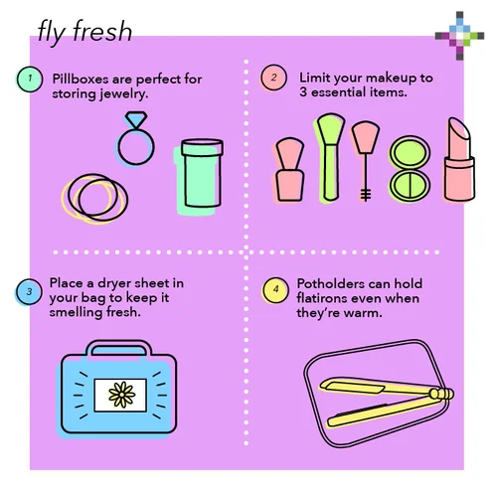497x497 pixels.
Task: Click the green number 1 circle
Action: pos(30,79)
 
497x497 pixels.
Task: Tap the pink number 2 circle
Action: pos(273,78)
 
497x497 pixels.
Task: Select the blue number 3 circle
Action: pos(29,291)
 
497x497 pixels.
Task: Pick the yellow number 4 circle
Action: pos(275,290)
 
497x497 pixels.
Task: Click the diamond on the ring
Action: pos(136,119)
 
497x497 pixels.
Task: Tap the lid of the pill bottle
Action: pos(202,147)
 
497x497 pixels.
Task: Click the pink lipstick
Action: pos(459,160)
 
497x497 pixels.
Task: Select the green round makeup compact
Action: pos(410,169)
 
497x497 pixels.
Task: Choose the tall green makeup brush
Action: pos(330,157)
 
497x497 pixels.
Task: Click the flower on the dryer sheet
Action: pos(122,395)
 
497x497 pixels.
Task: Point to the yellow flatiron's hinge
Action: pos(441,394)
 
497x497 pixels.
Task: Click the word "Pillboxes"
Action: pos(81,79)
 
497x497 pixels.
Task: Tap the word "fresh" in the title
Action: pos(102,31)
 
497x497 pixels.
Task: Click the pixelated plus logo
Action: pos(459,36)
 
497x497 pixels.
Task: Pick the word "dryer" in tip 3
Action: pos(112,284)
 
